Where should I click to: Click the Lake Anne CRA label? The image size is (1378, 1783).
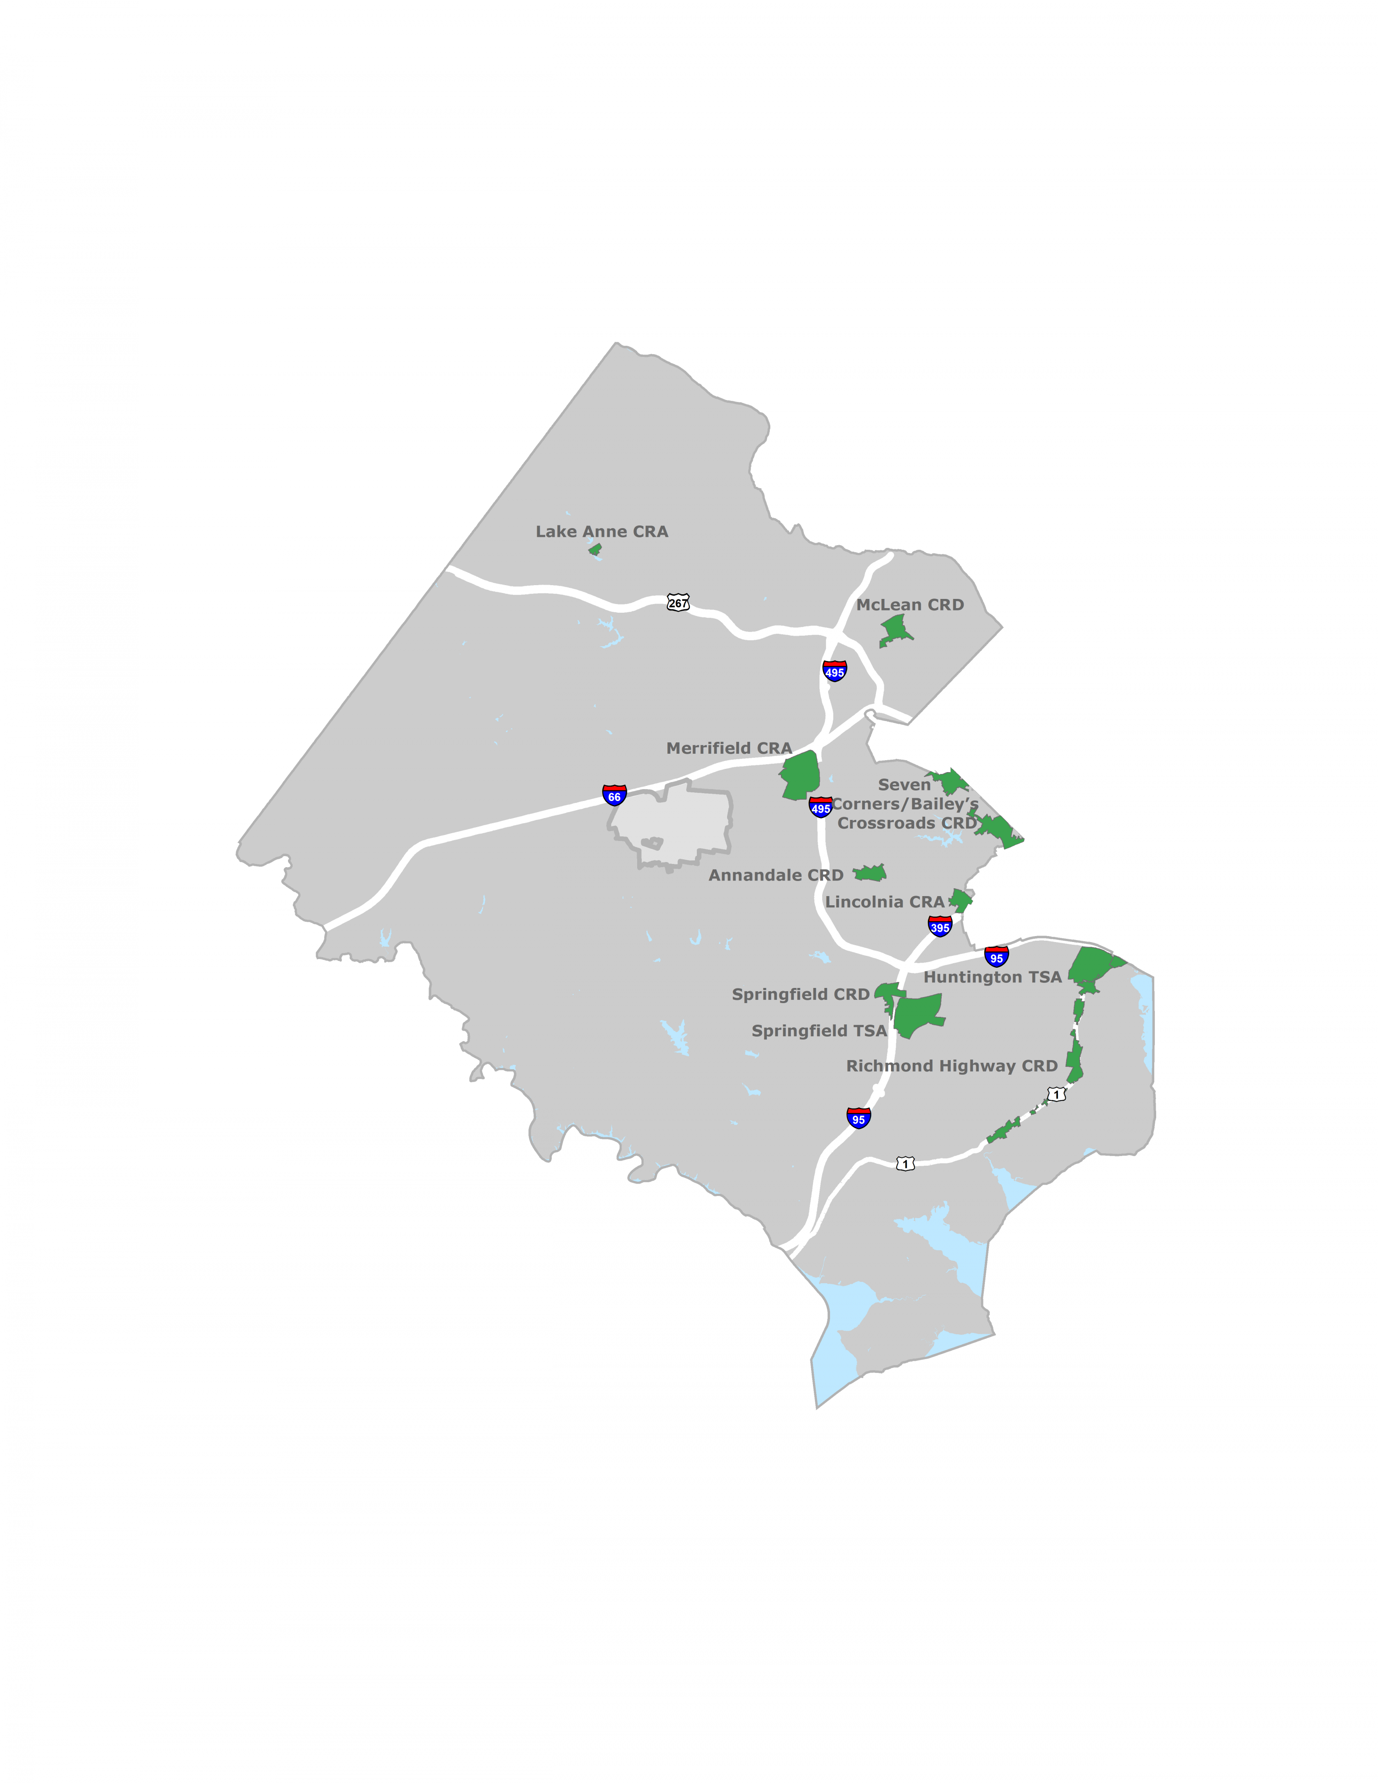(x=602, y=531)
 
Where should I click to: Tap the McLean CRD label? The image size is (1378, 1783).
(x=909, y=605)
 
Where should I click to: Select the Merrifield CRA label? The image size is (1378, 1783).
(x=729, y=748)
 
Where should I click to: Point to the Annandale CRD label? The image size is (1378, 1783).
(x=775, y=875)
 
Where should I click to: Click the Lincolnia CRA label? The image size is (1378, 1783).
(x=884, y=902)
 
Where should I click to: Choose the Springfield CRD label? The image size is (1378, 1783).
(x=800, y=994)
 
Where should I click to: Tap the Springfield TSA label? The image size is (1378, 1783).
(x=819, y=1031)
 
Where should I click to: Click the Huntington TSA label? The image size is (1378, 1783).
(x=992, y=977)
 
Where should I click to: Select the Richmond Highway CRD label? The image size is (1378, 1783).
(x=951, y=1066)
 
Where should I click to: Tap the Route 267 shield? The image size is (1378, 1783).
(x=678, y=604)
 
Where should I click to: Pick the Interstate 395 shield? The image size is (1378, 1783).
(x=940, y=926)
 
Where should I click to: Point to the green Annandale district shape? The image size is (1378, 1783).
(x=871, y=874)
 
